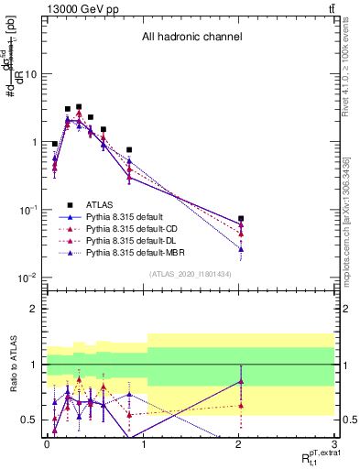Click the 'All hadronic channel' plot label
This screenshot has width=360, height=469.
click(x=191, y=38)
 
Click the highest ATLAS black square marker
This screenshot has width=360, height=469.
click(x=79, y=107)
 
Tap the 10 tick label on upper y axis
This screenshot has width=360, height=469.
click(x=30, y=74)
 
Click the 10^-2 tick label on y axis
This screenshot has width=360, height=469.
click(x=27, y=278)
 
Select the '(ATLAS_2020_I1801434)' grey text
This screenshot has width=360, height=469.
click(x=191, y=274)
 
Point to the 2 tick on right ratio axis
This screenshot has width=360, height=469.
click(x=346, y=310)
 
